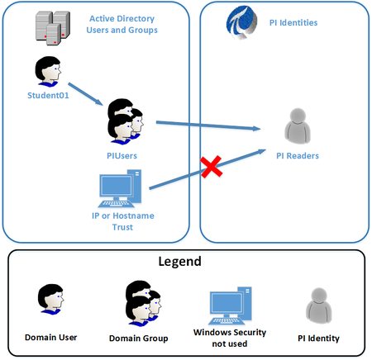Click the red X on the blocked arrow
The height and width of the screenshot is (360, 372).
point(211,168)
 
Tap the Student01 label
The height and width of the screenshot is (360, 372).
point(48,95)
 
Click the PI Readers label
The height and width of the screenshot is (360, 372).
point(297,155)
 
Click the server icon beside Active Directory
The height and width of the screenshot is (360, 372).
point(51,27)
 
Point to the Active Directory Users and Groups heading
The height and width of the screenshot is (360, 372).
point(122,25)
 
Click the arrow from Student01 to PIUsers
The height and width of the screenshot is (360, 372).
point(86,92)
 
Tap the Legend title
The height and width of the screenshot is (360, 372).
point(186,263)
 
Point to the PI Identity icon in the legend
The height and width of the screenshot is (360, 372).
point(317,304)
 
